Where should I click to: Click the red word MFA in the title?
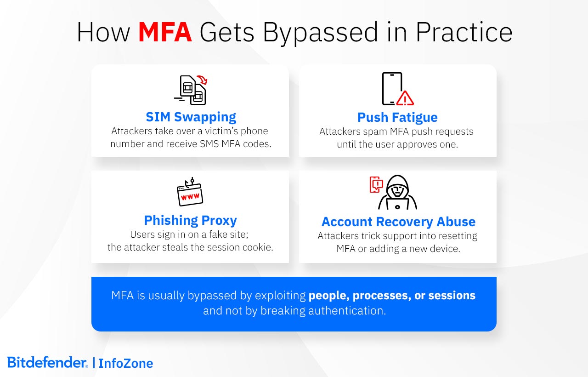[x=165, y=32]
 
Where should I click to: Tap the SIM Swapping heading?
[x=191, y=117]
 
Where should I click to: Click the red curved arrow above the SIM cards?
[x=202, y=80]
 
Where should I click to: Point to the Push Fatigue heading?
[x=397, y=117]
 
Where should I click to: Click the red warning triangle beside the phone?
[x=405, y=98]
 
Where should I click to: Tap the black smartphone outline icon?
[x=391, y=89]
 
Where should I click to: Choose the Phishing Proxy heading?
[x=190, y=220]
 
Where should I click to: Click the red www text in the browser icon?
[x=190, y=197]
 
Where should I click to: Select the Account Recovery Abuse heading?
[x=398, y=222]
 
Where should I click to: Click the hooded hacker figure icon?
[x=397, y=193]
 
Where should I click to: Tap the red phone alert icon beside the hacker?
[x=376, y=184]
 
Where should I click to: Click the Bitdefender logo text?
[x=47, y=362]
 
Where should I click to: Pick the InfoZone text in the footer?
[x=125, y=363]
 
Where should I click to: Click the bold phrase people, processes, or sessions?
[x=392, y=295]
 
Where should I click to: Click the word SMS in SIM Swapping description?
[x=209, y=143]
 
